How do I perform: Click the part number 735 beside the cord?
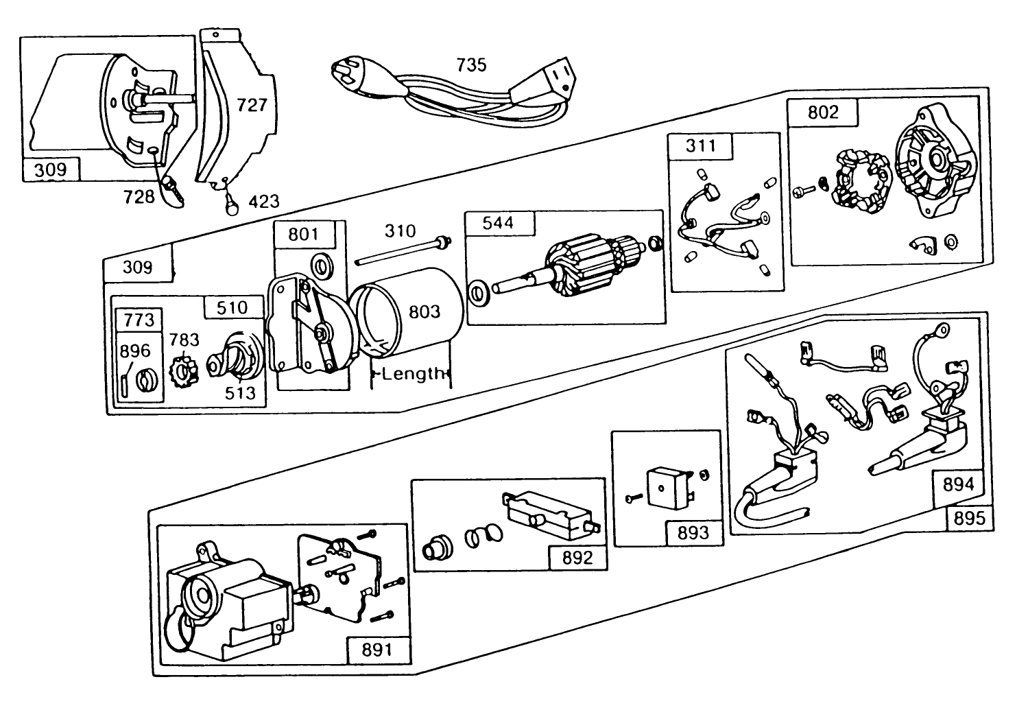click(471, 64)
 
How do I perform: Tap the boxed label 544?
click(498, 224)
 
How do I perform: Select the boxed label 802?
click(823, 112)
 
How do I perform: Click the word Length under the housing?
click(413, 374)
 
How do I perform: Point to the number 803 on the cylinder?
click(425, 311)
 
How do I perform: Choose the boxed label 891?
click(376, 649)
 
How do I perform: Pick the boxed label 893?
click(693, 532)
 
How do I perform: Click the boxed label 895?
click(969, 519)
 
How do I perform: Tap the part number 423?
click(263, 202)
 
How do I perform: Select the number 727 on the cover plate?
click(252, 105)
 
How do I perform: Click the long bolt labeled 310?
click(405, 250)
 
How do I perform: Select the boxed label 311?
click(700, 145)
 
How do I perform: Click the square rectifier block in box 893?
click(669, 488)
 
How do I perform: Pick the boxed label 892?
click(577, 557)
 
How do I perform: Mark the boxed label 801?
click(303, 234)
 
